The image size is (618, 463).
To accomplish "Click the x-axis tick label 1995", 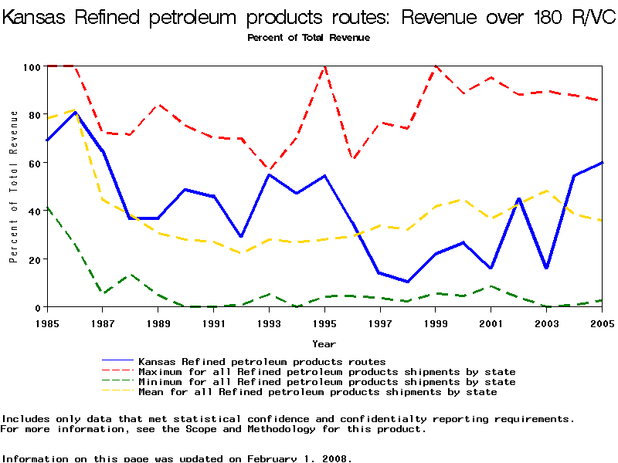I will pyautogui.click(x=324, y=323).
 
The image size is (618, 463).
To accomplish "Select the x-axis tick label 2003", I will pyautogui.click(x=546, y=323).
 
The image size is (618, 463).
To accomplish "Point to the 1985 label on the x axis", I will pyautogui.click(x=47, y=323).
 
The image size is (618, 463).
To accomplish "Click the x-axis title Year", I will pyautogui.click(x=324, y=343).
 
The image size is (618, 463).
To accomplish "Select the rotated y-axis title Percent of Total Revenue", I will pyautogui.click(x=14, y=187).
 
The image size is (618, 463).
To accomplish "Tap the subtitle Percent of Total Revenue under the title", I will pyautogui.click(x=308, y=38).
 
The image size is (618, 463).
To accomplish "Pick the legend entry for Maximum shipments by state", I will pyautogui.click(x=327, y=371).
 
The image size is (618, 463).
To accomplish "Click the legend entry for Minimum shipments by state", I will pyautogui.click(x=327, y=381).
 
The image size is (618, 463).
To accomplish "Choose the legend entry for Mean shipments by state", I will pyautogui.click(x=317, y=391).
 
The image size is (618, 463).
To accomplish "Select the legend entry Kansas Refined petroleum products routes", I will pyautogui.click(x=262, y=361).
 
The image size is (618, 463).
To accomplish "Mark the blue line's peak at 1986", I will pyautogui.click(x=75, y=112).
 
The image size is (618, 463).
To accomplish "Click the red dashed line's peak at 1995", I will pyautogui.click(x=324, y=66).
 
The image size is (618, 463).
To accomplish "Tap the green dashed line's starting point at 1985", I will pyautogui.click(x=47, y=207).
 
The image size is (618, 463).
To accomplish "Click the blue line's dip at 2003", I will pyautogui.click(x=546, y=269).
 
